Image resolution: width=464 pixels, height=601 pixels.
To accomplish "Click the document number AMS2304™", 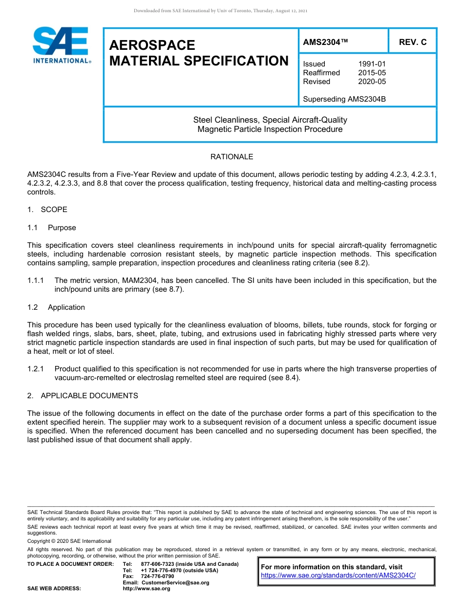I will [325, 42].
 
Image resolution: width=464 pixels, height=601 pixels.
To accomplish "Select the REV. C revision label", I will [412, 42].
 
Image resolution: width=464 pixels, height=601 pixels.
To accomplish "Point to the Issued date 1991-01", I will [372, 64].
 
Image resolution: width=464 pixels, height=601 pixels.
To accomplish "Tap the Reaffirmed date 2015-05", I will [372, 73].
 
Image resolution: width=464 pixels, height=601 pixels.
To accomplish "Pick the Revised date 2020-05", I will [372, 82].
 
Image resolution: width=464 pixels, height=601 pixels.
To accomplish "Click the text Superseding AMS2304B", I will [344, 99].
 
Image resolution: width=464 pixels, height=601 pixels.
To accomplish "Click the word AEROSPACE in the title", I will [152, 45].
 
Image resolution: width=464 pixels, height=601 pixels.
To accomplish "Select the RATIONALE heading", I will [232, 157].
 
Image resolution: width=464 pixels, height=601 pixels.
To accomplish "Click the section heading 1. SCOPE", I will [47, 210].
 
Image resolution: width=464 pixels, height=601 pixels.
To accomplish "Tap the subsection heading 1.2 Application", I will [56, 307].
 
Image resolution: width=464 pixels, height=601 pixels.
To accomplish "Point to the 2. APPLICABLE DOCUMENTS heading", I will [83, 396].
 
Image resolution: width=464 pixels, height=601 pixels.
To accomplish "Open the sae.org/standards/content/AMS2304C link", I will [338, 576].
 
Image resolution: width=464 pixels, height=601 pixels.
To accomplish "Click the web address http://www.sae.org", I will [147, 589].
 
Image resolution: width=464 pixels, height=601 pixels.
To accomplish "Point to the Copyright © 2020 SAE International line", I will [69, 541].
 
